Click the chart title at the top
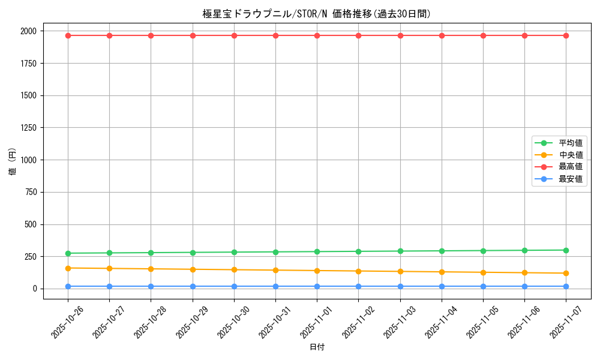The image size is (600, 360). coord(317,14)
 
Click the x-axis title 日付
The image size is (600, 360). coord(317,347)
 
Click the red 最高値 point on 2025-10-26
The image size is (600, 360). coord(68,35)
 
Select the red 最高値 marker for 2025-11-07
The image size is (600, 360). coord(566,35)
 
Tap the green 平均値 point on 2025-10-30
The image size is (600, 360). coord(234,252)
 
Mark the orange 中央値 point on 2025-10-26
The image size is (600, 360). coord(68,268)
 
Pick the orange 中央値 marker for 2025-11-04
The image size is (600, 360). coord(442,272)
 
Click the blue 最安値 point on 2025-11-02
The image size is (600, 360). coord(358,286)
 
